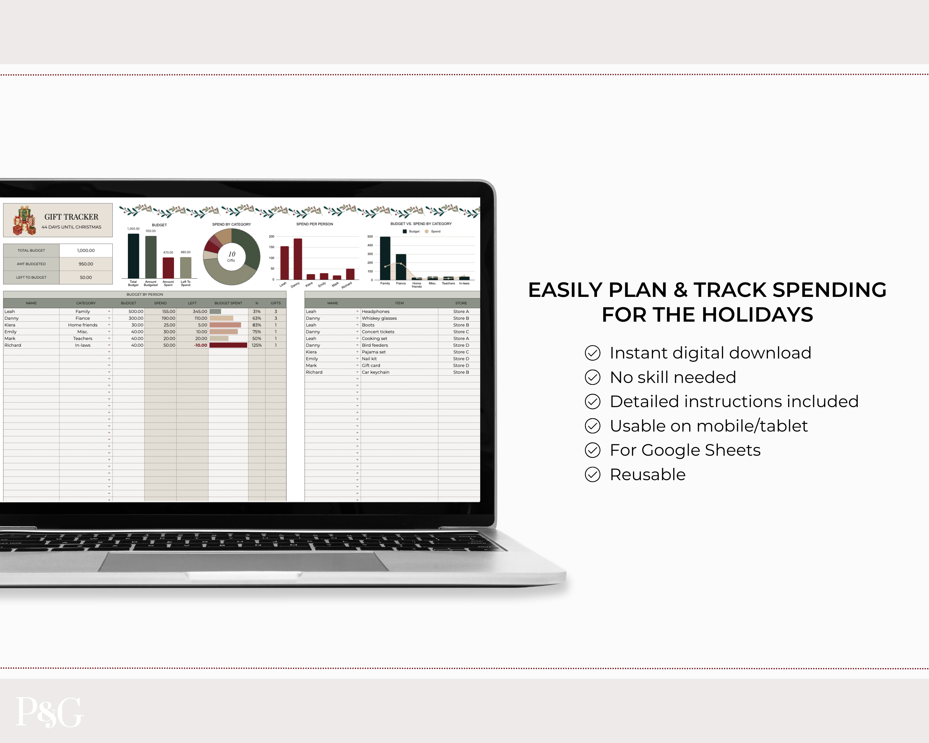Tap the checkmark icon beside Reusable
pos(592,475)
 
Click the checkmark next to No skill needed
pos(592,377)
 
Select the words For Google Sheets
pos(685,450)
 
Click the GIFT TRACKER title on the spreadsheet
pos(71,217)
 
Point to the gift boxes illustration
pos(24,220)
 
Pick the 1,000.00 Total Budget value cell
pos(86,250)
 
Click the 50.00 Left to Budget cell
pos(86,277)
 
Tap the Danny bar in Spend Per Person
pos(298,259)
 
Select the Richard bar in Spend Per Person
pos(350,274)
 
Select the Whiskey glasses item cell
pos(379,318)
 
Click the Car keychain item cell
pos(375,372)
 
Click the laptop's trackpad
pos(243,561)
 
